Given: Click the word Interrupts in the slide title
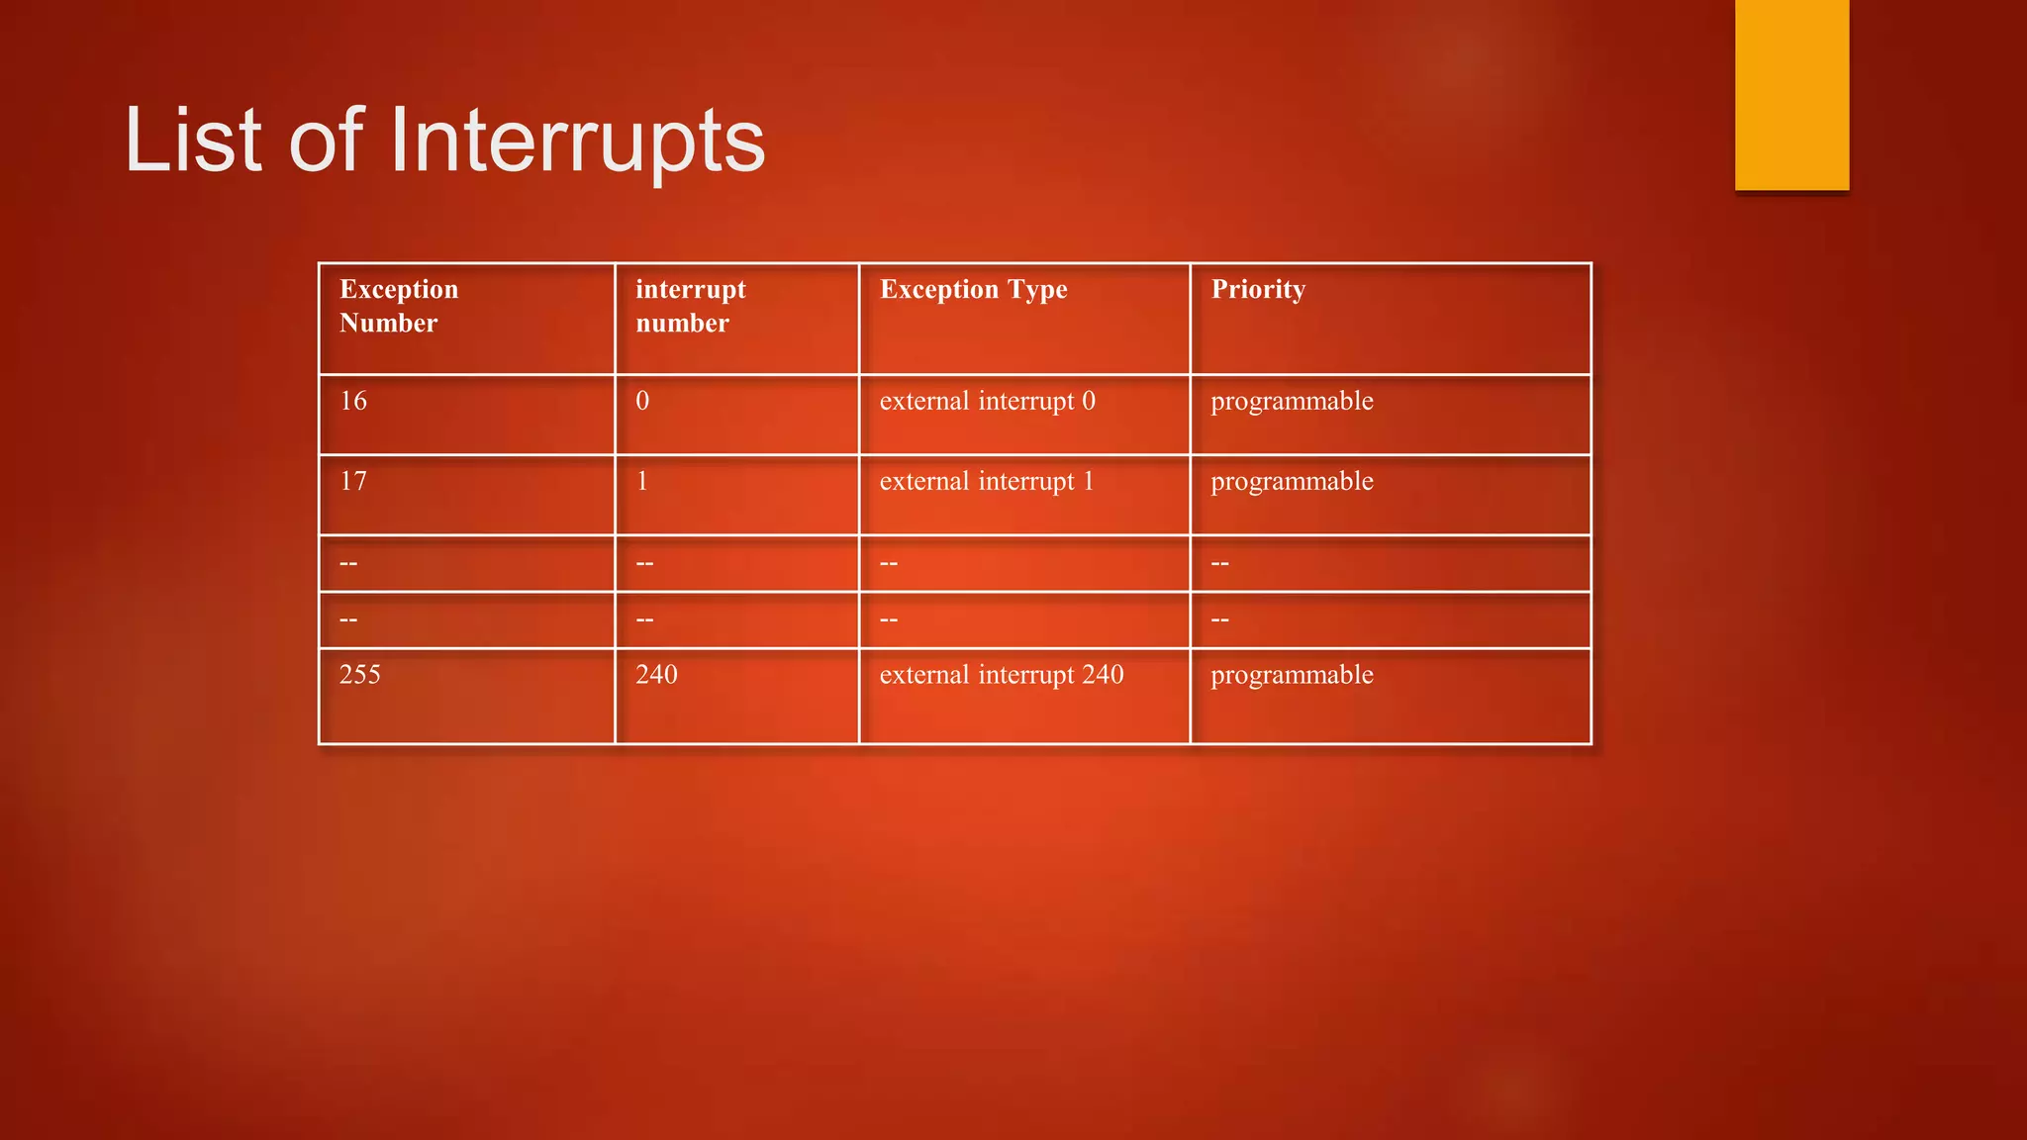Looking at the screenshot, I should coord(577,142).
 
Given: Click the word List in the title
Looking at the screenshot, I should coord(193,142).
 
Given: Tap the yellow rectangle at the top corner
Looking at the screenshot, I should coord(1791,94).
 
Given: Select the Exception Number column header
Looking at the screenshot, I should coord(399,306).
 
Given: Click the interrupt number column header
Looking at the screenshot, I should coord(690,306).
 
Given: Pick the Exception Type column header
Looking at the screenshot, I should coord(973,290).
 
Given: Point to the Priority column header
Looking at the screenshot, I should coord(1258,290).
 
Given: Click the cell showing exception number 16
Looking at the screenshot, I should coord(353,401).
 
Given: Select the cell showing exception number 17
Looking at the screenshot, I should coord(353,482).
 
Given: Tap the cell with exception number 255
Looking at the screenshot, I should coord(359,675).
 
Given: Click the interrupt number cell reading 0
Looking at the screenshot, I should coord(642,401).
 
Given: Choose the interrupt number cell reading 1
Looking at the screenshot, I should coord(642,482).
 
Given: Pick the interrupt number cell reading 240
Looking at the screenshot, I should coord(656,675).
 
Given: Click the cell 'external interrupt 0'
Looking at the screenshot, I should coord(987,401).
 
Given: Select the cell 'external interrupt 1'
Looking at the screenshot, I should coord(987,482).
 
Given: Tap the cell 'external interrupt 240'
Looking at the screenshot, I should coord(1001,675).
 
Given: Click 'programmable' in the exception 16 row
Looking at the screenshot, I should coord(1292,401).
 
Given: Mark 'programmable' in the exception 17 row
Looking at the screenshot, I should coord(1292,482).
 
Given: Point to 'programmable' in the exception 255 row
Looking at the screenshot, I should coord(1292,675).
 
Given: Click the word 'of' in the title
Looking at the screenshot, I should coord(326,142).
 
